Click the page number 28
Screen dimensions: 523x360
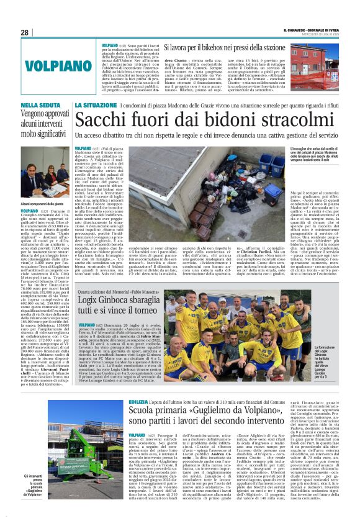click(x=25, y=32)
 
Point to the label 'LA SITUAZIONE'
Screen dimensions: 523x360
click(x=97, y=106)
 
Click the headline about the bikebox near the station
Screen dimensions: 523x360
click(x=224, y=47)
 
